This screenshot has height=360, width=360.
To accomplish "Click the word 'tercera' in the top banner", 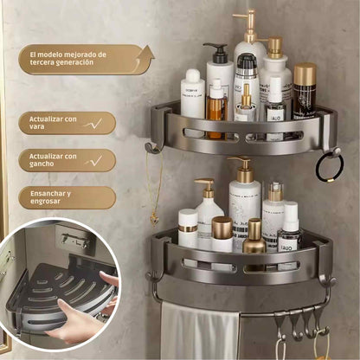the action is tap(41, 62).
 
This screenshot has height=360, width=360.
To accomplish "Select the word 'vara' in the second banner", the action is tap(36, 126).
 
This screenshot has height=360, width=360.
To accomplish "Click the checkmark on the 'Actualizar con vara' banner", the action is tap(93, 124).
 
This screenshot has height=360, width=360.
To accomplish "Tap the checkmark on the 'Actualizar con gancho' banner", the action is tap(94, 161).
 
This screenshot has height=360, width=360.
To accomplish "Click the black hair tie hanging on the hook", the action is tap(329, 168).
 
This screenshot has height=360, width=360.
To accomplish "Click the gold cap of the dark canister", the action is tap(305, 72).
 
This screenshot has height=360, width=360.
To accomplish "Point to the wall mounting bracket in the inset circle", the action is tap(75, 240).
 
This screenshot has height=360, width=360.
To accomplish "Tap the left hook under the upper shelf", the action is tap(152, 146).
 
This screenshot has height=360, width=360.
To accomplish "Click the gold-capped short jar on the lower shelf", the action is tap(222, 234).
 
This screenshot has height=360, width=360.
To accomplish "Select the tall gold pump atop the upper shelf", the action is tap(247, 25).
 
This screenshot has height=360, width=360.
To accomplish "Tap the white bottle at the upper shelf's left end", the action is tap(193, 93).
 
